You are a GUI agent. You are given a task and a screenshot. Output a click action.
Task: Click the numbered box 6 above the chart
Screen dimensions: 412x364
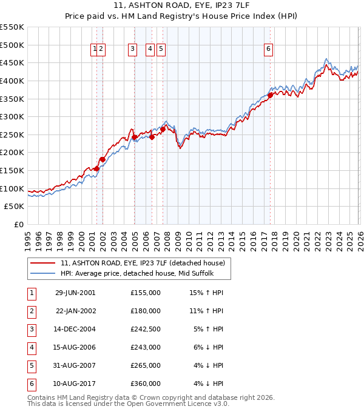pos(268,50)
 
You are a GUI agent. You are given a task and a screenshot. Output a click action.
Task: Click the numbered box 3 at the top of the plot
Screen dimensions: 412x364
pos(132,50)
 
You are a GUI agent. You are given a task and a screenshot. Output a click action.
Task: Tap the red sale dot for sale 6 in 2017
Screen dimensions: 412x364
pos(270,95)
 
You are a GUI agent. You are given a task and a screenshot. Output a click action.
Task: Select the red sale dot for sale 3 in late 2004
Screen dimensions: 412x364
pos(134,137)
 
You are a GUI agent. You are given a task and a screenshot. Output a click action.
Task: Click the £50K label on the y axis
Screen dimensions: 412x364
pos(15,207)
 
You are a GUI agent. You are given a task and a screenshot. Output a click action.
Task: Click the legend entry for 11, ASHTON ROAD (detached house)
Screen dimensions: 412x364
pos(143,263)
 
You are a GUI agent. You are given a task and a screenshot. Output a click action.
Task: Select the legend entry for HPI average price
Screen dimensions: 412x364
pos(136,273)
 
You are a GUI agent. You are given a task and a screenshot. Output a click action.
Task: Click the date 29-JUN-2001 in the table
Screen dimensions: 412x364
pos(75,292)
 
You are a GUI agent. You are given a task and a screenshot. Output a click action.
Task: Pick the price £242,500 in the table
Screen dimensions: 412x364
pos(145,329)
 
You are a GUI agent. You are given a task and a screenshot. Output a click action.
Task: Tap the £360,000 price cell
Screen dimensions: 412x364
pos(145,384)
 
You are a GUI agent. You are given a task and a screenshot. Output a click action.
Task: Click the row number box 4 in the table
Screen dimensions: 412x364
pos(31,347)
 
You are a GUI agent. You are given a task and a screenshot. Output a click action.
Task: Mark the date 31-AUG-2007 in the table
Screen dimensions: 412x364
pos(75,365)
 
